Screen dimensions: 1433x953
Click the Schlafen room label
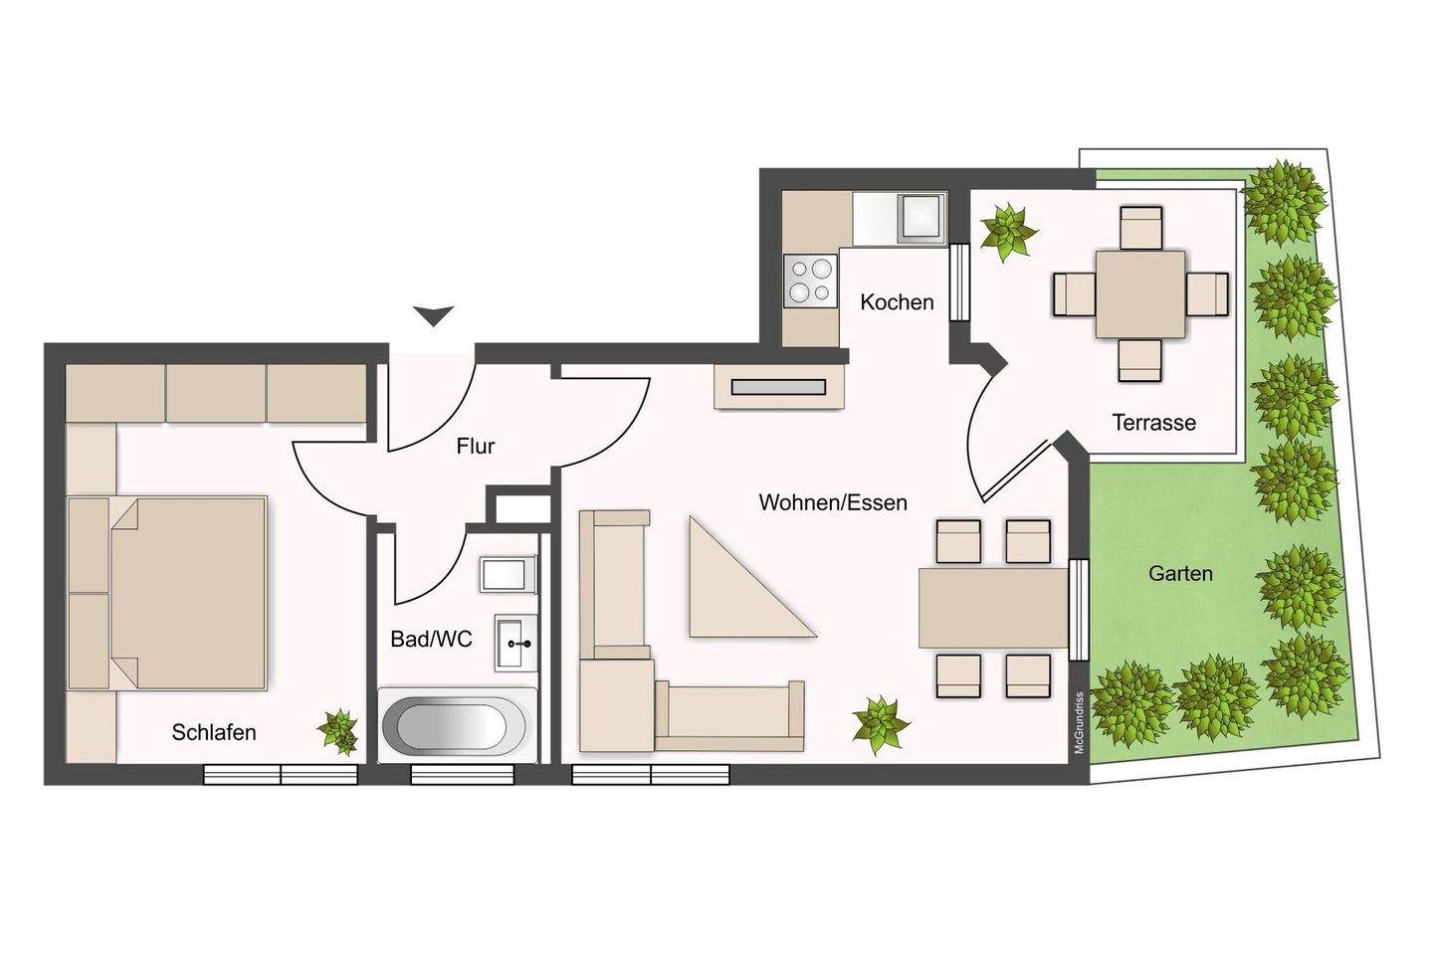214,732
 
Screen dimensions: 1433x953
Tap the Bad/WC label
431,639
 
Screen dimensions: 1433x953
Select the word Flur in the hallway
476,446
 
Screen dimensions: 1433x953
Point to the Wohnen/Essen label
833,502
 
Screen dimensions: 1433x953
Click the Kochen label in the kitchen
897,301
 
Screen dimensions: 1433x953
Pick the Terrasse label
1153,422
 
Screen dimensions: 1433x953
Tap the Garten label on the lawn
1180,573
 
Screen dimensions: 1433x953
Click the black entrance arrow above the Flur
434,315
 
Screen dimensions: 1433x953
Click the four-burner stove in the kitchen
810,281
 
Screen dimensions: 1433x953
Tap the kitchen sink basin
921,218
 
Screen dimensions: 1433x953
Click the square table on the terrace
1140,294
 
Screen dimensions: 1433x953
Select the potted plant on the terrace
1008,231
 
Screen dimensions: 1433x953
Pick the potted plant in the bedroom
338,731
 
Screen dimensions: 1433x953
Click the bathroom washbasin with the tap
515,643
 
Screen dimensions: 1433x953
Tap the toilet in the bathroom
508,575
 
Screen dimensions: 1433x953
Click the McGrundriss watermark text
1079,723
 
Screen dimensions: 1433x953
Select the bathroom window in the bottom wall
462,775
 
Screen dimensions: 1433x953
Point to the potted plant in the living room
881,724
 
